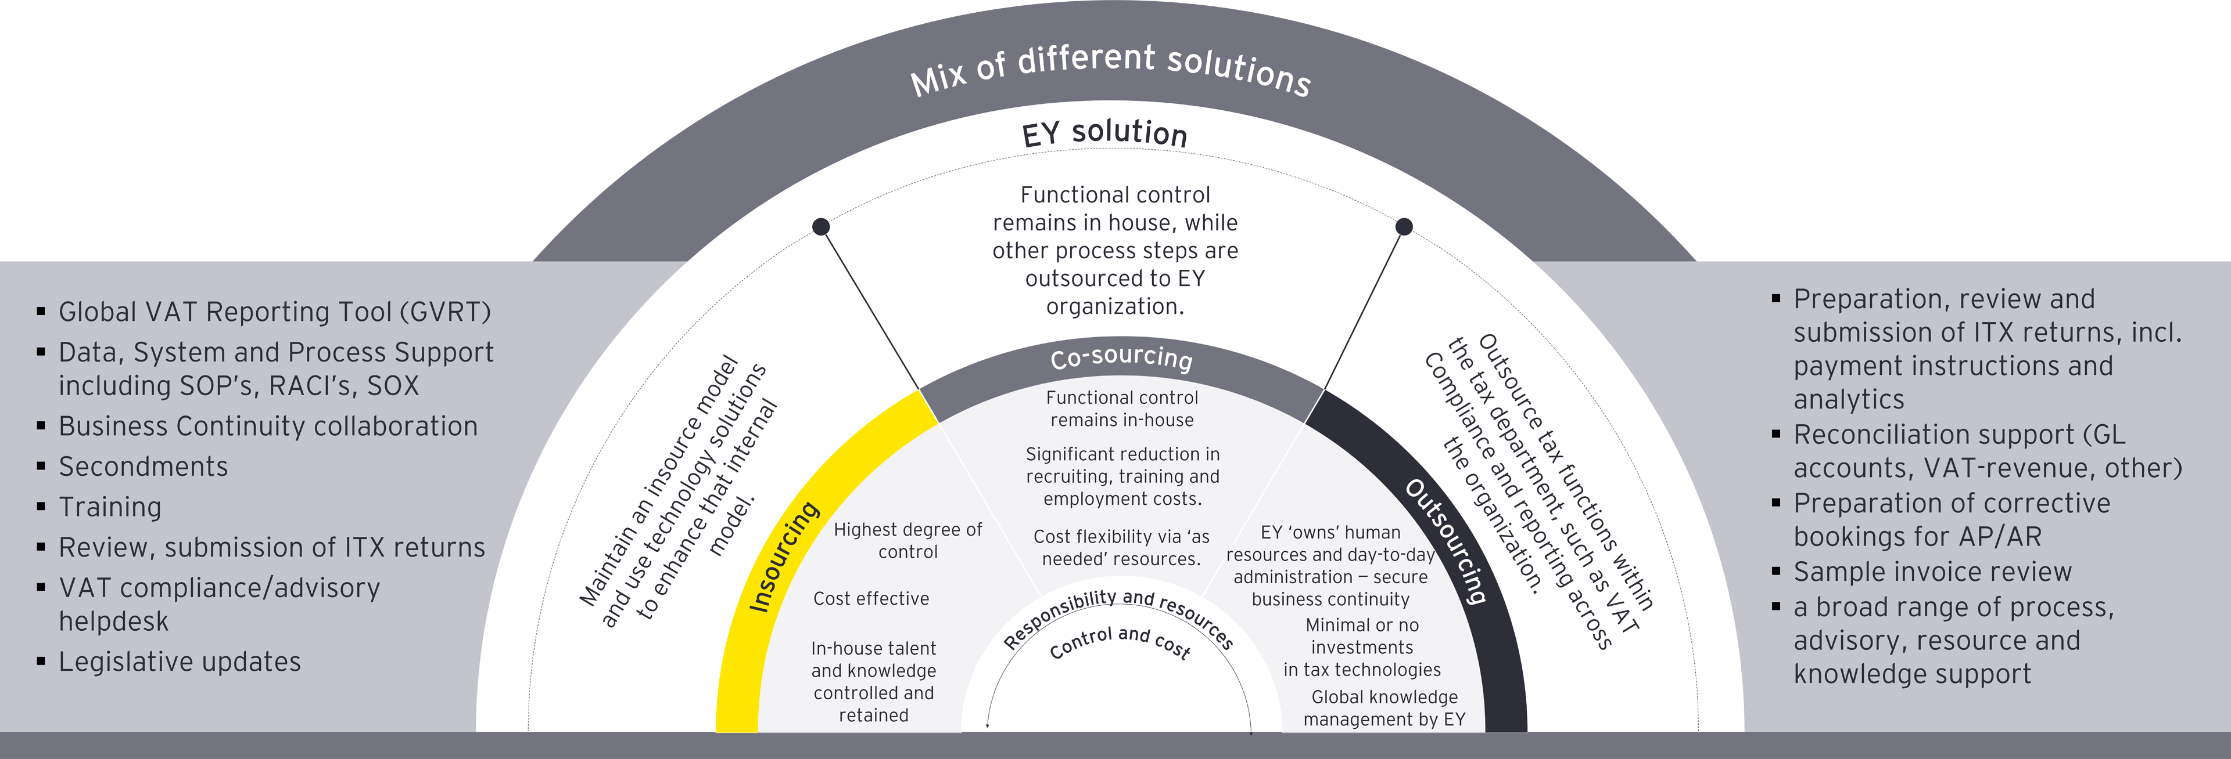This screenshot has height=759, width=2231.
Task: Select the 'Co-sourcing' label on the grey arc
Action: pyautogui.click(x=1121, y=357)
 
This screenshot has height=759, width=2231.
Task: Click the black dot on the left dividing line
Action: pyautogui.click(x=821, y=227)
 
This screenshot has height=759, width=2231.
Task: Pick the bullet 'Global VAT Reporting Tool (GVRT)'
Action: pyautogui.click(x=274, y=312)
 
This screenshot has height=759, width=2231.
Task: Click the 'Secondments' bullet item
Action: pyautogui.click(x=143, y=467)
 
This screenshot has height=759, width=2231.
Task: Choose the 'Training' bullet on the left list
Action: pyautogui.click(x=110, y=507)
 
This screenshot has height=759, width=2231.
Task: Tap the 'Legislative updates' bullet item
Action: pyautogui.click(x=180, y=662)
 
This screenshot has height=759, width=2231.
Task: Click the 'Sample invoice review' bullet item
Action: pyautogui.click(x=1932, y=572)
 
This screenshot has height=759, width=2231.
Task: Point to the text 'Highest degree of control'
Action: pyautogui.click(x=908, y=541)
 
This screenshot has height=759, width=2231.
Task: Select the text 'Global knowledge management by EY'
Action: pyautogui.click(x=1384, y=708)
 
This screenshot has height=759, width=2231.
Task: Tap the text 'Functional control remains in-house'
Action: pyautogui.click(x=1121, y=409)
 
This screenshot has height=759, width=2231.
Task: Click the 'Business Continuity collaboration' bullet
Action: pyautogui.click(x=268, y=427)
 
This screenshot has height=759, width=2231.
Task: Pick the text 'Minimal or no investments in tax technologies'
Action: pyautogui.click(x=1361, y=648)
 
